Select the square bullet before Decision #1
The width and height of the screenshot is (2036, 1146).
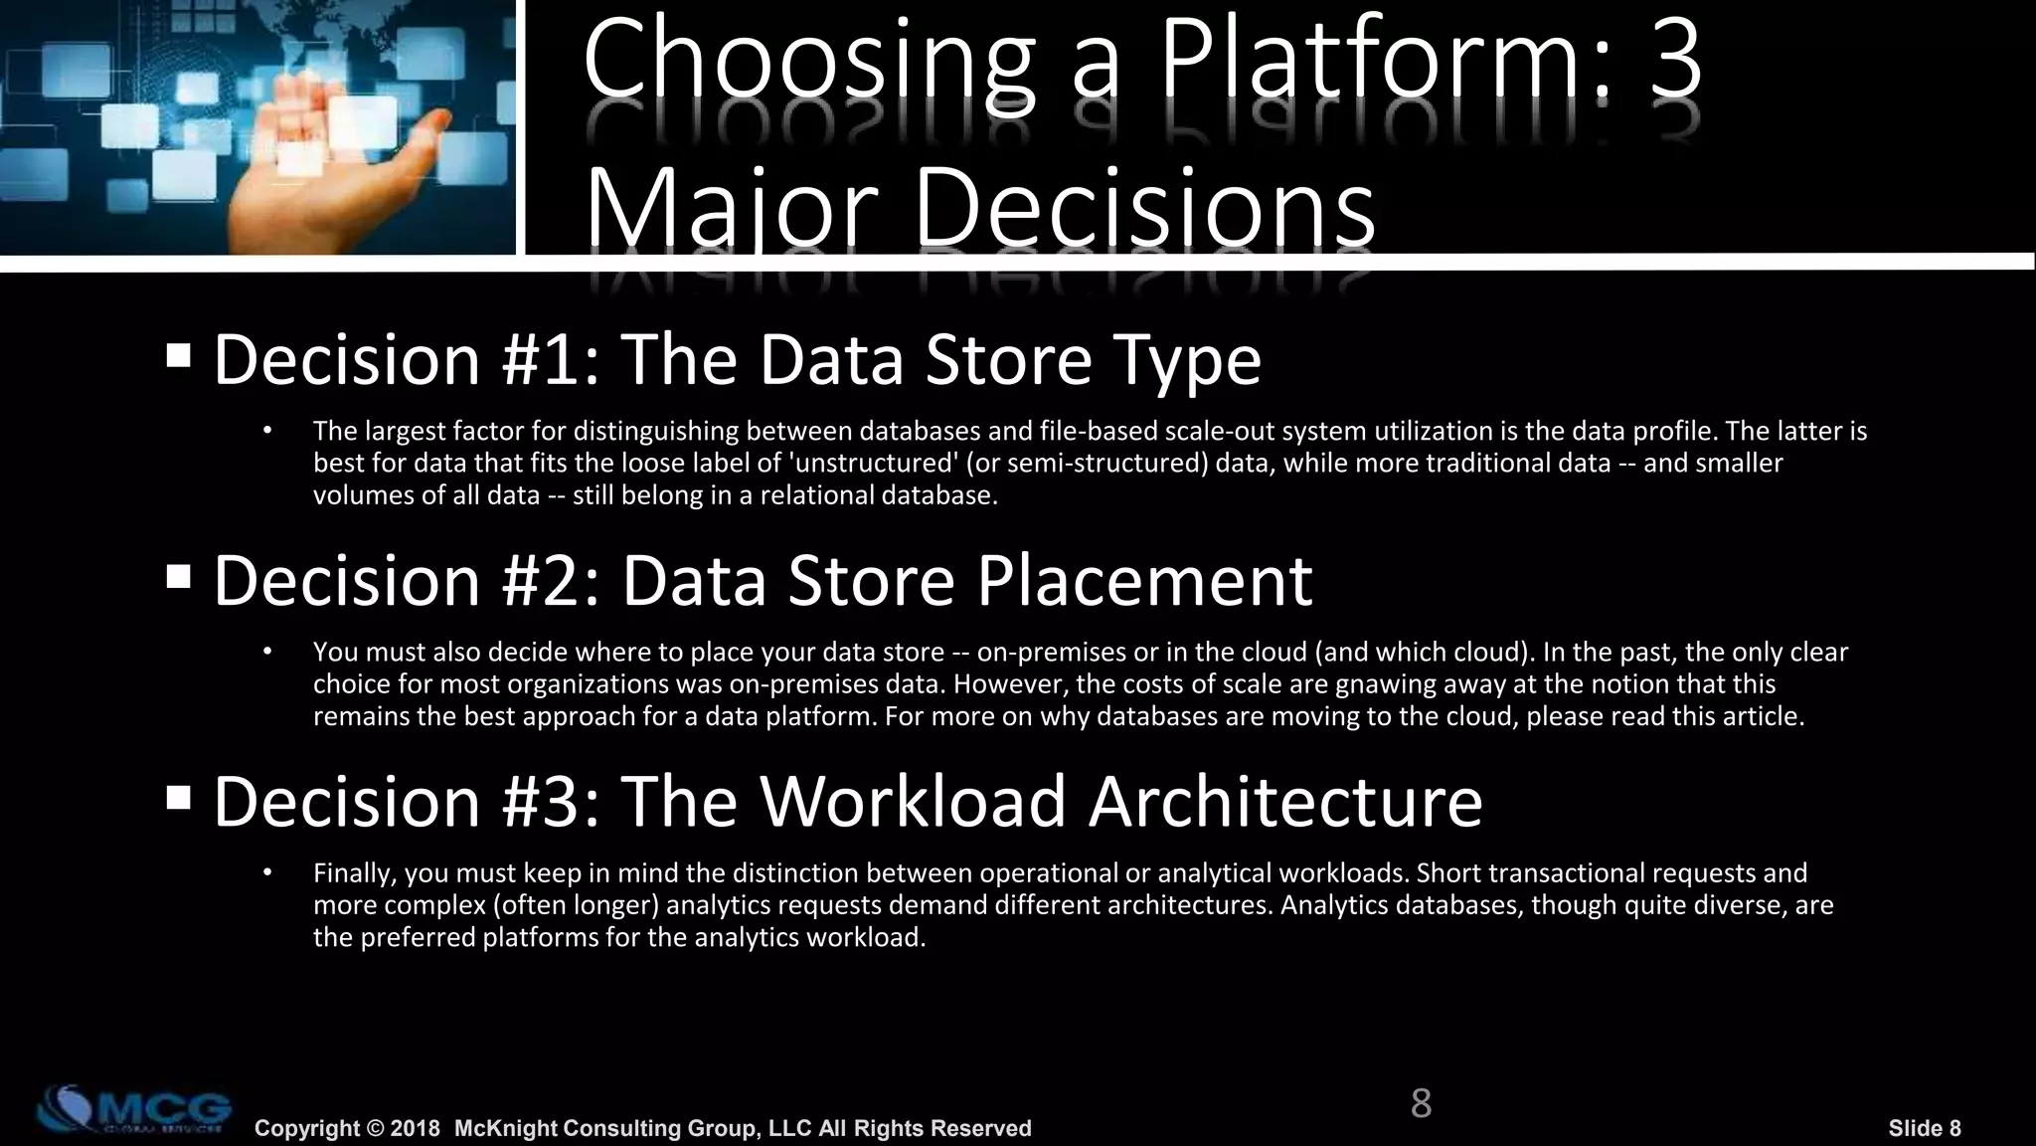coord(179,355)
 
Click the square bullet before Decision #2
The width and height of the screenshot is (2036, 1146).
coord(179,576)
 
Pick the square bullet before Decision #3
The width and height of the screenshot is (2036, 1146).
coord(179,797)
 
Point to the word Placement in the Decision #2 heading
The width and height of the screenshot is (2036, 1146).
coord(1144,580)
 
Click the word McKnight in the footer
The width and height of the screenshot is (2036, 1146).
coord(507,1128)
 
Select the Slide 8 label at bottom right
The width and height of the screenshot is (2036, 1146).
coord(1925,1128)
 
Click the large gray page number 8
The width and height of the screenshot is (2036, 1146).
coord(1421,1103)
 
